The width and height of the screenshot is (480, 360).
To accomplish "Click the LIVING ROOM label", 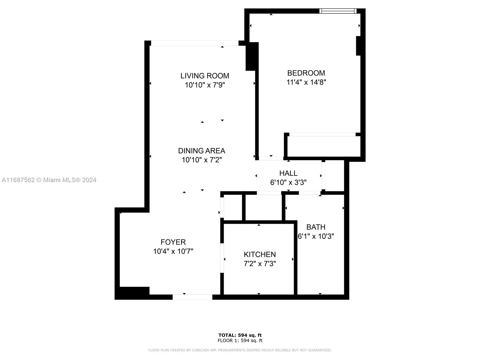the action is tap(205, 76).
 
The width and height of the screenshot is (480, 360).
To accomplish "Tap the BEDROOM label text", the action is tap(306, 73).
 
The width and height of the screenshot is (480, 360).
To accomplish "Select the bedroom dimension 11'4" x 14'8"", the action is tap(306, 82).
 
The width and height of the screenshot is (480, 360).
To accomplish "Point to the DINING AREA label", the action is tap(202, 151).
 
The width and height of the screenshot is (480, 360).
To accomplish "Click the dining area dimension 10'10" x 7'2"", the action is tap(202, 160).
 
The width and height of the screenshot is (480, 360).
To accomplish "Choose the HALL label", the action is tap(288, 173).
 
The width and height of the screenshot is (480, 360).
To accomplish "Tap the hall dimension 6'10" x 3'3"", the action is tap(288, 182).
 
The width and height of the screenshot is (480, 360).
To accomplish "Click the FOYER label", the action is tap(173, 242).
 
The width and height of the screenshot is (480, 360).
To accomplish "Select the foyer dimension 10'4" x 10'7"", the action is tap(173, 251).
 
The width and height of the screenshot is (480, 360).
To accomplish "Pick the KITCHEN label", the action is tap(260, 255).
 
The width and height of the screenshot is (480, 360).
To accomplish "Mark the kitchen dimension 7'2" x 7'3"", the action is tap(260, 264).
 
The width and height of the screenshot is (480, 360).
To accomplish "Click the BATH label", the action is tap(316, 227).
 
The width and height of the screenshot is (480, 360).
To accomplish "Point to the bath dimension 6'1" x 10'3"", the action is tap(316, 236).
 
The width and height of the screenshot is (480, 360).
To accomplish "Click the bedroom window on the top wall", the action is tap(338, 11).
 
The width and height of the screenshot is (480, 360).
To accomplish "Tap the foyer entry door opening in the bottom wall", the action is tap(192, 297).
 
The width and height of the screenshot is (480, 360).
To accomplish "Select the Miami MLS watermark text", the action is tap(49, 180).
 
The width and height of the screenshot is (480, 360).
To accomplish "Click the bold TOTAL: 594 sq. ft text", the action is tap(240, 335).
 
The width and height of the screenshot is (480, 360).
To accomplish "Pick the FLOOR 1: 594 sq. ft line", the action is tap(240, 340).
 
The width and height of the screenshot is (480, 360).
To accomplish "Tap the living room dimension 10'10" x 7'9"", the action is tap(205, 85).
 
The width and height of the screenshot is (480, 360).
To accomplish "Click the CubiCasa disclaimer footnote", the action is tap(240, 350).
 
